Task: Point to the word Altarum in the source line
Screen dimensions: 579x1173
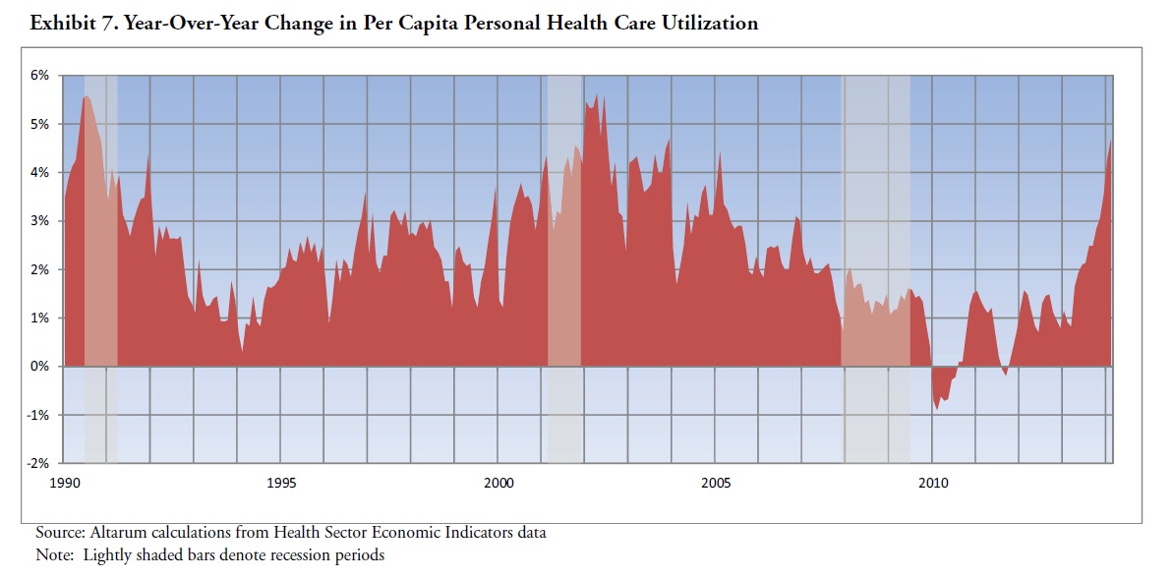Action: pyautogui.click(x=118, y=533)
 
